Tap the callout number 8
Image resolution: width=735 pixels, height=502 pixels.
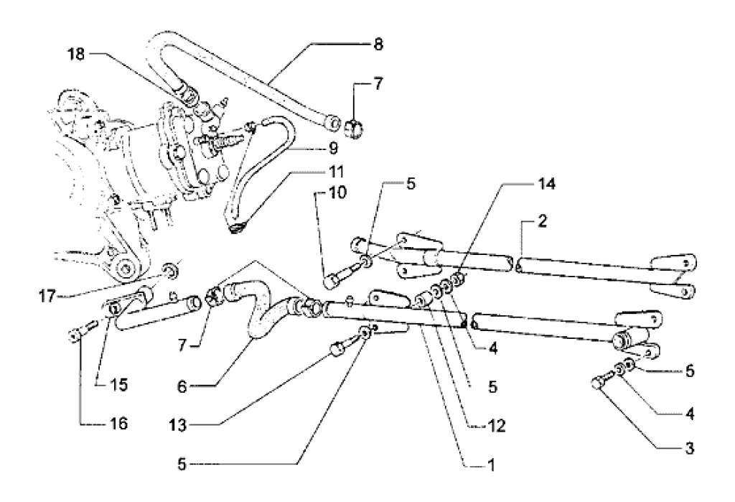pyautogui.click(x=378, y=45)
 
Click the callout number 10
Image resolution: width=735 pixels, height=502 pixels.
pyautogui.click(x=316, y=192)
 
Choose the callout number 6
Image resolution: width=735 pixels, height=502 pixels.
pyautogui.click(x=182, y=386)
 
